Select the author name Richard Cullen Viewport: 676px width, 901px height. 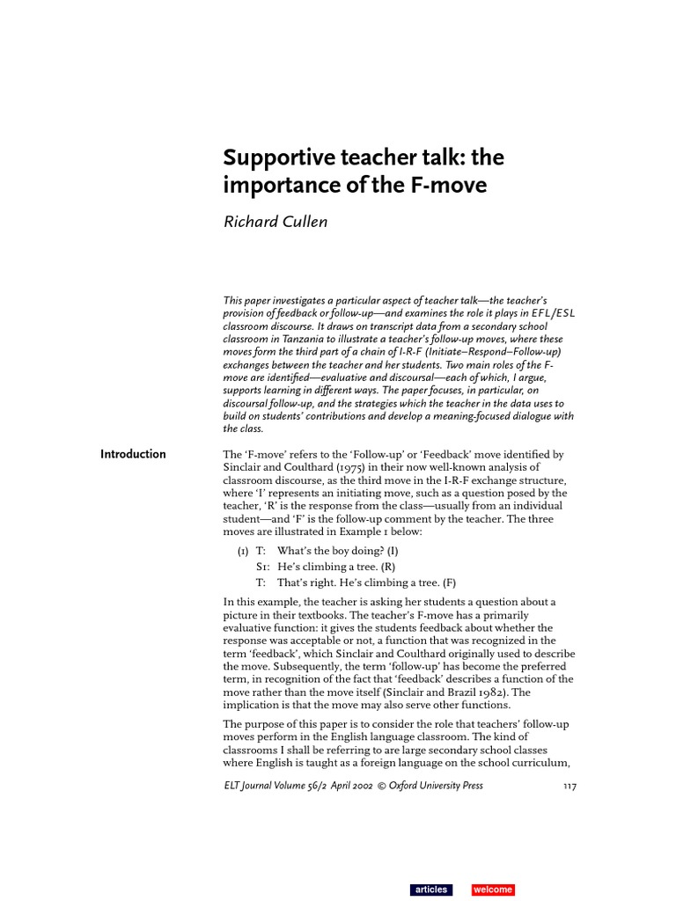(x=275, y=222)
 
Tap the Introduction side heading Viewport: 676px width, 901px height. (x=133, y=454)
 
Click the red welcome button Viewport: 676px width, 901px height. (x=492, y=890)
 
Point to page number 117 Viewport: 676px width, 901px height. (x=569, y=786)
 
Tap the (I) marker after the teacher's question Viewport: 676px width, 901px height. (x=392, y=551)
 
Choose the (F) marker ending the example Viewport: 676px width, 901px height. (x=450, y=582)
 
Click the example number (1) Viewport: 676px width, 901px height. (x=243, y=551)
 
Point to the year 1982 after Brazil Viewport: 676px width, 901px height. (x=494, y=692)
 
